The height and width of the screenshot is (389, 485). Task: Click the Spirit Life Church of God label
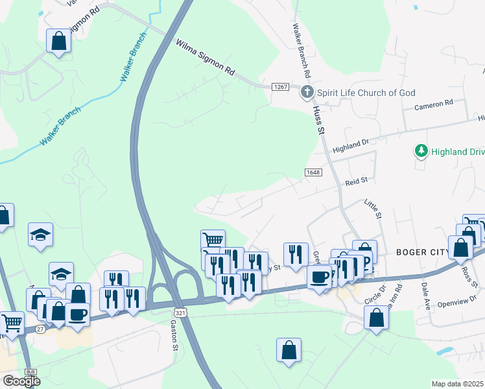[366, 93]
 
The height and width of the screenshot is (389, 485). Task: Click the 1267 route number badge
[280, 86]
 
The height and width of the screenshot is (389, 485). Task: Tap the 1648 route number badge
[313, 172]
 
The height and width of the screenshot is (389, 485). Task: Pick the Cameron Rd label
[434, 104]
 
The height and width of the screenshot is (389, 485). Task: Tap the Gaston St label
[174, 335]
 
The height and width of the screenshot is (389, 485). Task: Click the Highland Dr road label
[350, 145]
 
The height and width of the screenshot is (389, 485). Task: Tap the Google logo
[21, 381]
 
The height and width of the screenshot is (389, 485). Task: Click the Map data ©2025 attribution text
[458, 384]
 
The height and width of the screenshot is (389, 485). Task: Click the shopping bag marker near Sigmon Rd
[58, 41]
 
